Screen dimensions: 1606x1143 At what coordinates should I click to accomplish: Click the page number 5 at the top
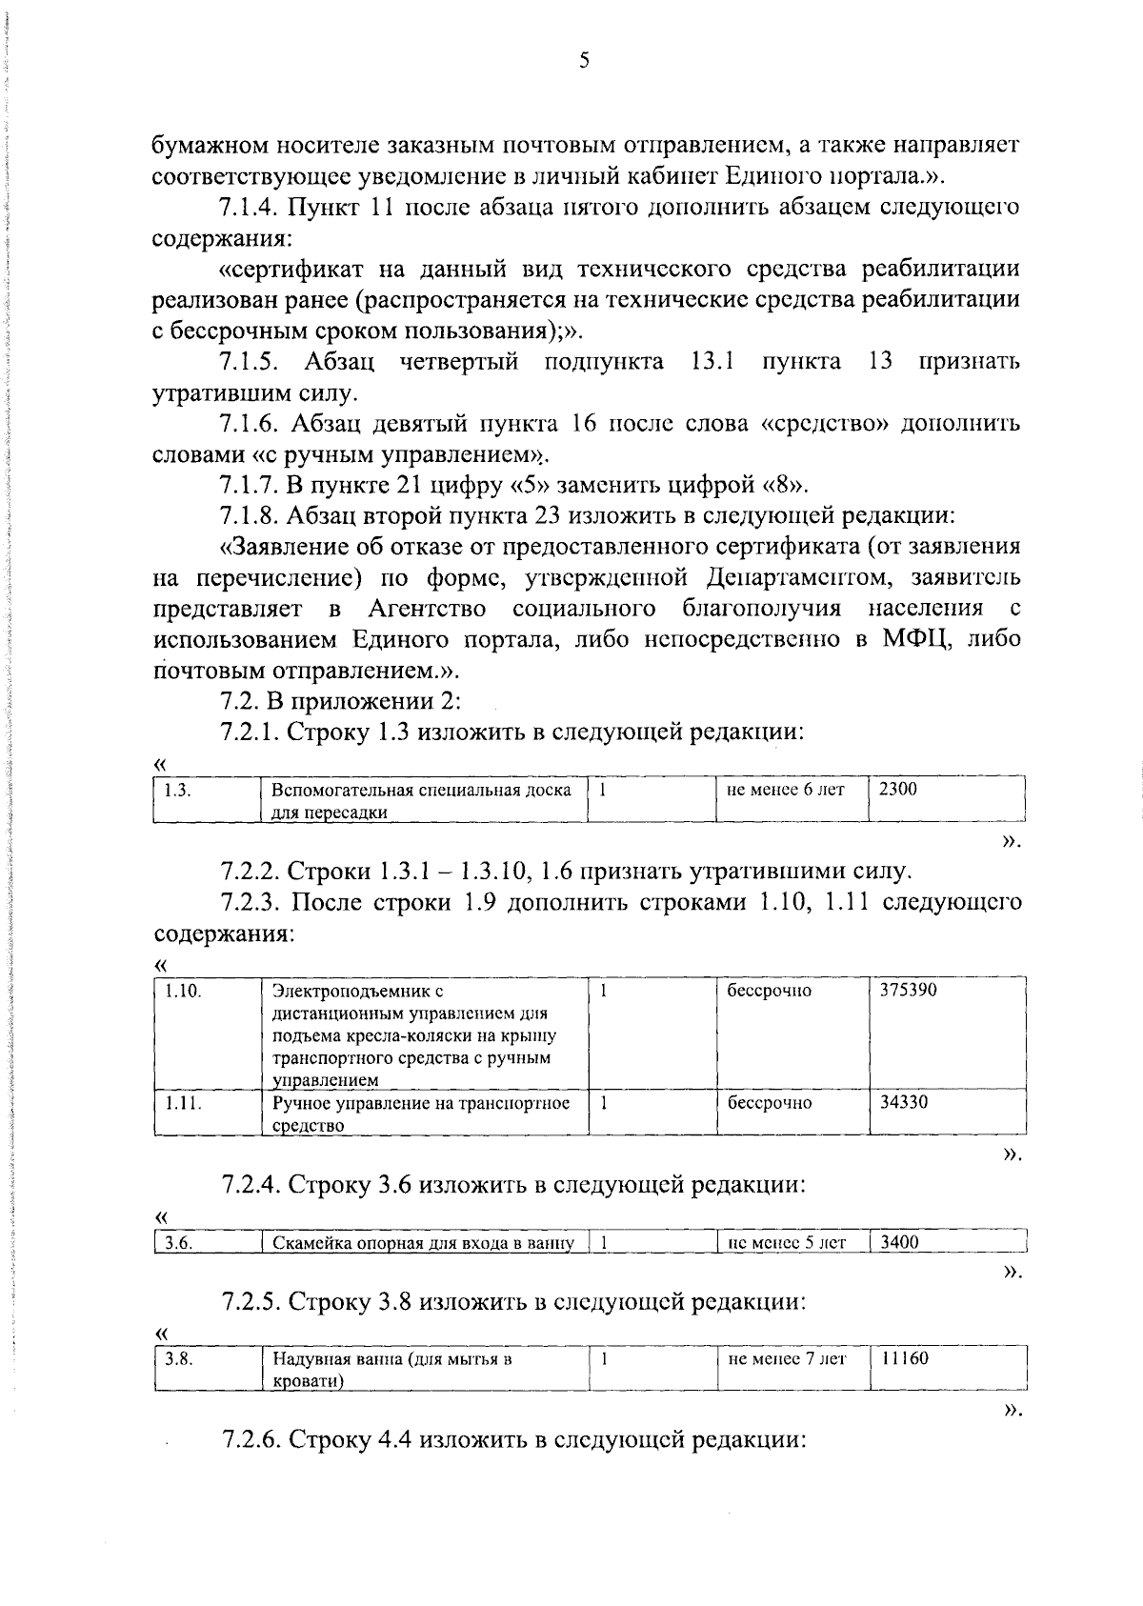(584, 61)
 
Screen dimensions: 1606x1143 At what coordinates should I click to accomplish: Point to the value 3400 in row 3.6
(899, 1242)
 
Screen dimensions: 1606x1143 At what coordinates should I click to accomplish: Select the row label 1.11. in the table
(182, 1103)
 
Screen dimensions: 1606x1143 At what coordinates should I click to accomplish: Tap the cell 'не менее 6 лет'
(785, 789)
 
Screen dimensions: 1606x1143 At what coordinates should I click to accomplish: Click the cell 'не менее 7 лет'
(786, 1358)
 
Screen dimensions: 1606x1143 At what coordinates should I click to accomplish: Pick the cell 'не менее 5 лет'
(786, 1242)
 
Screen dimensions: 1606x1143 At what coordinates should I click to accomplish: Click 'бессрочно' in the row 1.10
(769, 991)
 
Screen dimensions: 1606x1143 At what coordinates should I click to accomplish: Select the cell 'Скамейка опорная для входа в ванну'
(423, 1242)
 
